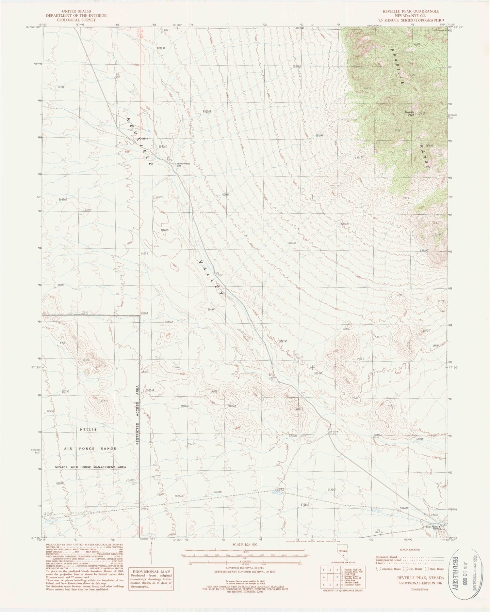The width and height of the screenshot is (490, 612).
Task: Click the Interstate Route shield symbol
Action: [378, 569]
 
